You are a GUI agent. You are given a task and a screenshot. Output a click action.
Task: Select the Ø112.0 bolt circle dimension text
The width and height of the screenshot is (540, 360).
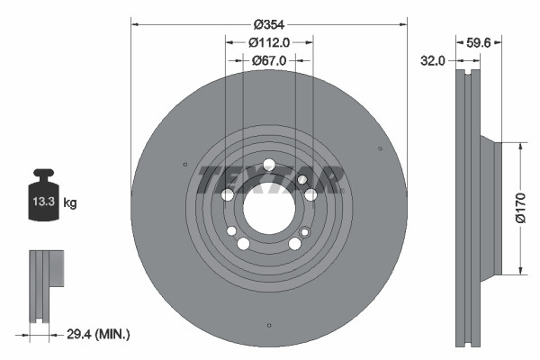pyautogui.click(x=268, y=41)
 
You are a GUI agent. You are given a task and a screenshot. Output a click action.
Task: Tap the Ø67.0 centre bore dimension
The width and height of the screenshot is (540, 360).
pyautogui.click(x=268, y=60)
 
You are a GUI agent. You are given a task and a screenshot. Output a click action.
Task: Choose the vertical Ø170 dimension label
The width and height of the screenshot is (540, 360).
pyautogui.click(x=519, y=207)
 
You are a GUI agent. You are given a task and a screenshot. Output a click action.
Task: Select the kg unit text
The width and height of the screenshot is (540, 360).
pyautogui.click(x=70, y=203)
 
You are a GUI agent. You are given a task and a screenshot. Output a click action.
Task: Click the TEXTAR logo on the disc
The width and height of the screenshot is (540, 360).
pyautogui.click(x=269, y=179)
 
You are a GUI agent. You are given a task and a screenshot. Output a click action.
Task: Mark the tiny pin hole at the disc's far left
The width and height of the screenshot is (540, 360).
pyautogui.click(x=184, y=165)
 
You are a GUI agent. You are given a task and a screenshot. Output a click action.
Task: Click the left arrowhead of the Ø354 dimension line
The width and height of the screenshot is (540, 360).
pyautogui.click(x=136, y=22)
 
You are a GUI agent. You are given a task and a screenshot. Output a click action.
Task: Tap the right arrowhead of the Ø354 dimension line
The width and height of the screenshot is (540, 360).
pyautogui.click(x=402, y=22)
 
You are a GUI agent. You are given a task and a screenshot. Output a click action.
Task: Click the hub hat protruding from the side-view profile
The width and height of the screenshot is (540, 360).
pyautogui.click(x=488, y=207)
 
